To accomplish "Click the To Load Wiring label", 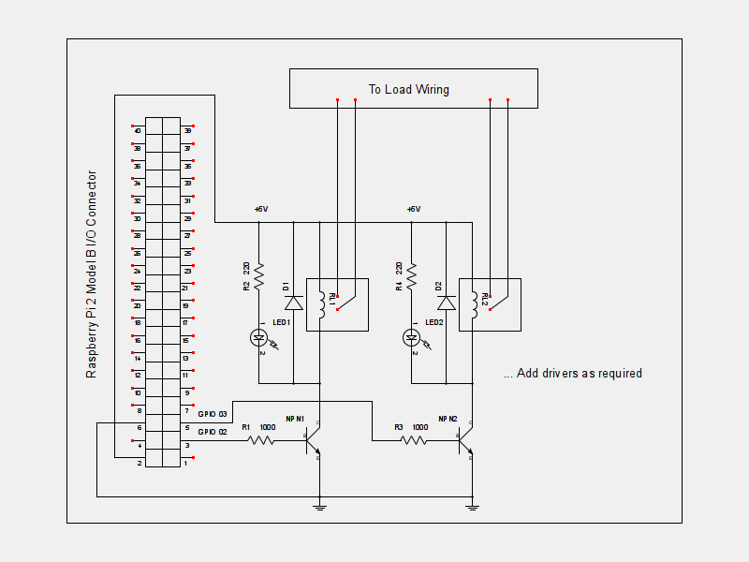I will pos(408,90).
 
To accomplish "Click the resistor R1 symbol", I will pos(261,440).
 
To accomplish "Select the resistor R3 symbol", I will pos(415,440).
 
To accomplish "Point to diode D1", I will pos(294,303).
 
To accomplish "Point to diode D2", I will pos(447,303).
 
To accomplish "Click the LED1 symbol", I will pos(259,337).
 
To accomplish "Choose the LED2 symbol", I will pos(412,337).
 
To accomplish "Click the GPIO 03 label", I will pos(213,413).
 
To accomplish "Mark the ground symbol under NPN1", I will pos(320,507).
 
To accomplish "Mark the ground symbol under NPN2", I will pos(473,507).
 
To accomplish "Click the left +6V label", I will pos(261,209).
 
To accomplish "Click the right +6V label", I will pos(414,209).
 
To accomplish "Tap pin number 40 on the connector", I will pos(138,131).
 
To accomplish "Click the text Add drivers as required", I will pos(572,374).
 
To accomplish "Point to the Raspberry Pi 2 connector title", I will pos(92,274).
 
